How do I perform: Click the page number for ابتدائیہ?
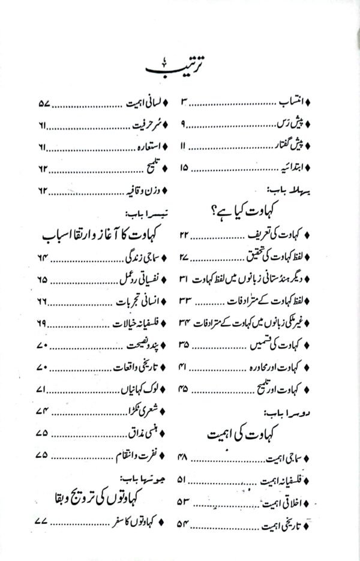pos(184,167)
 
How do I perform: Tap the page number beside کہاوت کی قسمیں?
pos(184,345)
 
